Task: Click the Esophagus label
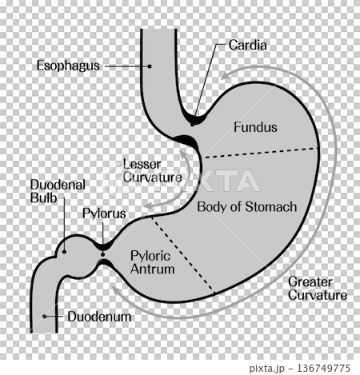point(68,66)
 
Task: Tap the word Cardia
point(247,45)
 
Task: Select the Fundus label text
point(255,127)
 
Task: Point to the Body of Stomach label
point(247,207)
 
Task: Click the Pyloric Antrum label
point(153,262)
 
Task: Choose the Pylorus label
point(104,213)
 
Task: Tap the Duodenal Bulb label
point(58,191)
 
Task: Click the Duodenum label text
point(99,317)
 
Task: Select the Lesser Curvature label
point(152,171)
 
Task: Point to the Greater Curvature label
point(318,289)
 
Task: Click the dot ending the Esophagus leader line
point(150,66)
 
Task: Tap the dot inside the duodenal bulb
point(64,251)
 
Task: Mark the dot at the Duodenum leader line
point(45,317)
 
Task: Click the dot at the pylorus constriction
point(102,254)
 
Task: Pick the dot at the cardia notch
point(192,124)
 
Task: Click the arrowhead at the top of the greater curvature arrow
point(226,75)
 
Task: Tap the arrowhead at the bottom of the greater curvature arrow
point(116,290)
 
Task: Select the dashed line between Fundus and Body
point(261,153)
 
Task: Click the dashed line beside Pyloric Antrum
point(183,254)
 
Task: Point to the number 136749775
point(323,369)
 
